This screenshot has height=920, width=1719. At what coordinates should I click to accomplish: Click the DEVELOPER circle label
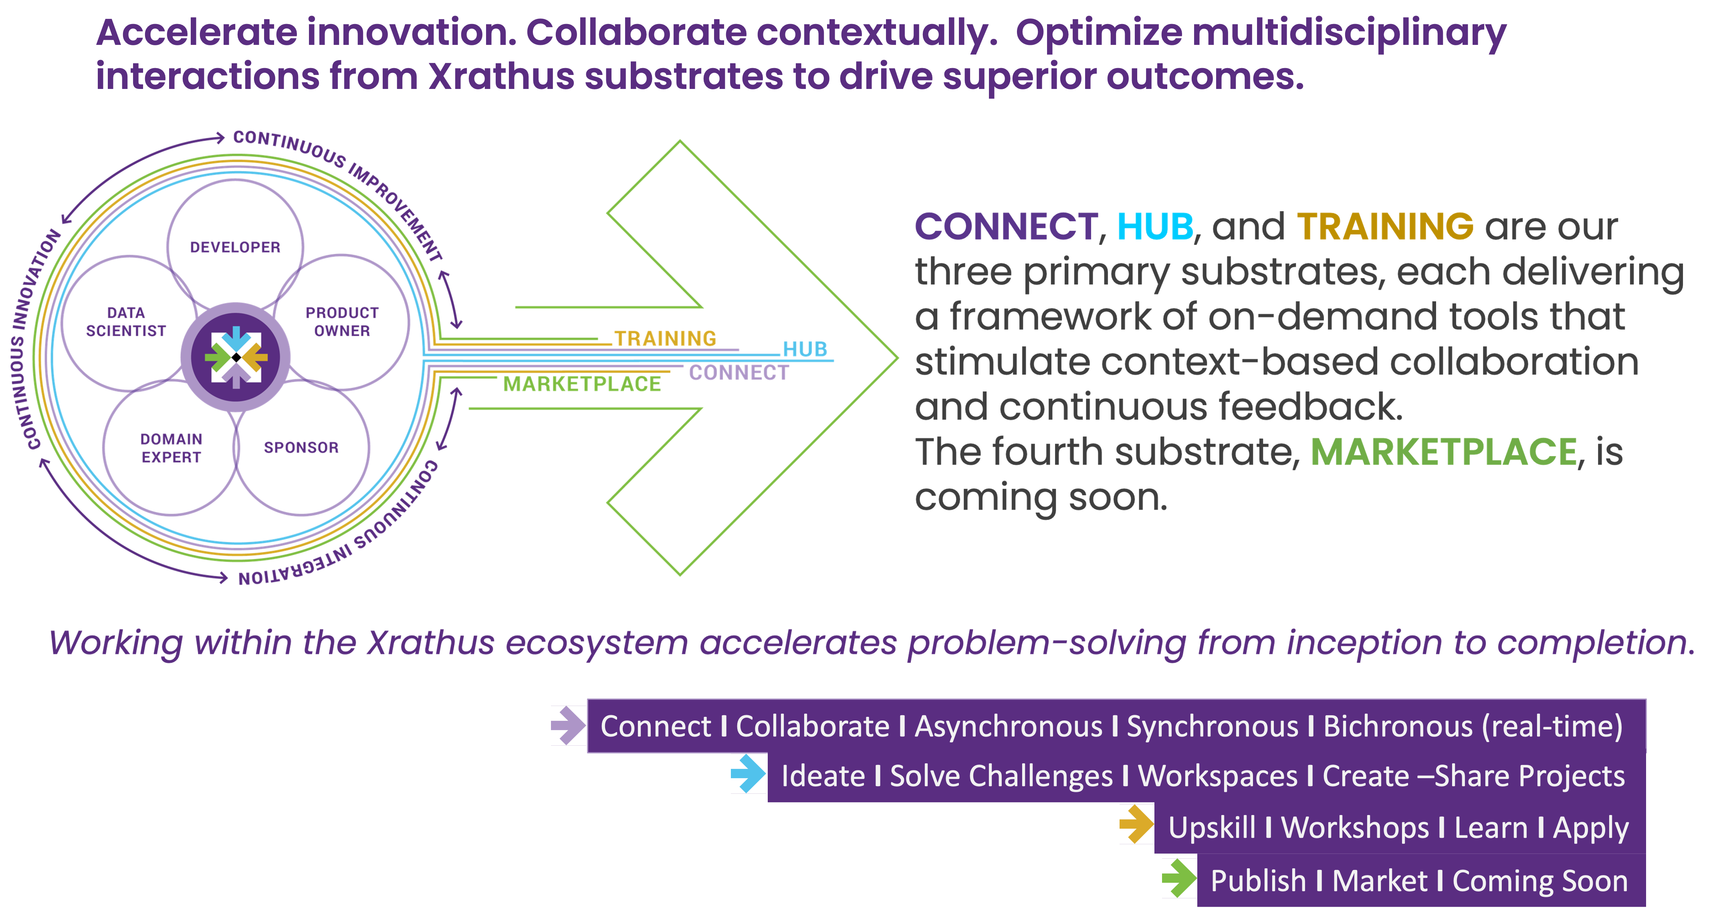235,248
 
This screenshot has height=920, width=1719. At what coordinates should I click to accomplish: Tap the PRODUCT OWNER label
342,322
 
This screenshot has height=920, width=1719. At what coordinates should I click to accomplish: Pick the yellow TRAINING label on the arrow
665,339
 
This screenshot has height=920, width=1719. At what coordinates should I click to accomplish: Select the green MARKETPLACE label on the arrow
582,384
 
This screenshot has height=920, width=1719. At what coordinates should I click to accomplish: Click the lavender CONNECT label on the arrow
739,372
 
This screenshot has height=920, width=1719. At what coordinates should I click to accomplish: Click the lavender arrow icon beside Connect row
568,725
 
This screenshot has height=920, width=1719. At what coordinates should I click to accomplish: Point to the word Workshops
1355,828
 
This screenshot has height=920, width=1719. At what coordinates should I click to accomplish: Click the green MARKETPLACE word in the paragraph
1443,452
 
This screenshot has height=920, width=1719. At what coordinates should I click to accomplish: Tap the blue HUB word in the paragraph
1155,227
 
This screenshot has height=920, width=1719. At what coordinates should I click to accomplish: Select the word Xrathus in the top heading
500,76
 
